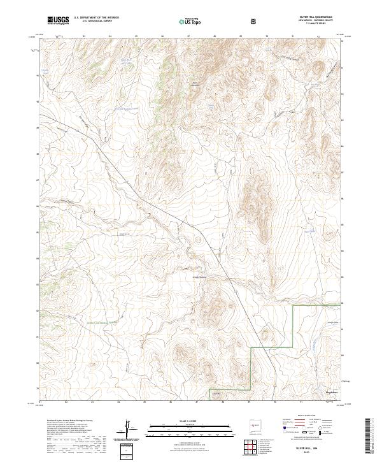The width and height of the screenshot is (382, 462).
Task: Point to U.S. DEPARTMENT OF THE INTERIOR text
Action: [96, 18]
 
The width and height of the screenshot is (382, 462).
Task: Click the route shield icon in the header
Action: [254, 21]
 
